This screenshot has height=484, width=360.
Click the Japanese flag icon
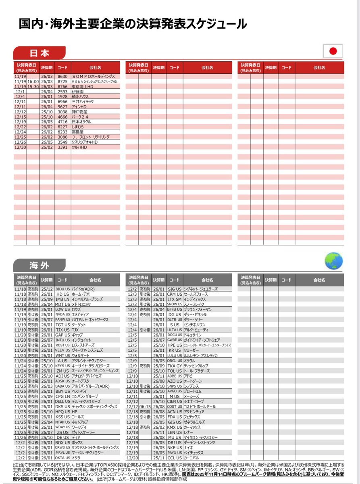[x=333, y=51]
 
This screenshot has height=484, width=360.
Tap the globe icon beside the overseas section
[x=333, y=261]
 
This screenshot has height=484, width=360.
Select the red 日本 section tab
[x=39, y=53]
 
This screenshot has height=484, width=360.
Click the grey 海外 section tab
[x=39, y=265]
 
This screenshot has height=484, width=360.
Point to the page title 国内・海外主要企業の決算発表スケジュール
[x=133, y=24]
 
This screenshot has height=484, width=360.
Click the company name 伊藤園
[x=78, y=92]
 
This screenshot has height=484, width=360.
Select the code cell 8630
[x=62, y=76]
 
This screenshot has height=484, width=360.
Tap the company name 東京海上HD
[x=83, y=86]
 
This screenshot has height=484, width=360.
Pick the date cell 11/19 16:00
[x=27, y=81]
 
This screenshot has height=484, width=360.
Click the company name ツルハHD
[x=79, y=147]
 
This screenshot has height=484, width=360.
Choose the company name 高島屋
[x=78, y=132]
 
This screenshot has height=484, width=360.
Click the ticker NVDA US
[x=62, y=314]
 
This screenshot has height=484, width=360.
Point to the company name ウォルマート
[x=82, y=355]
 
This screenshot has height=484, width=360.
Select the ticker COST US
[x=175, y=407]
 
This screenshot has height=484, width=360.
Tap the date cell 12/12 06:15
[x=139, y=407]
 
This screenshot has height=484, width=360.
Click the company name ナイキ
[x=189, y=447]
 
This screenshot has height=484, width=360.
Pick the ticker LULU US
[x=175, y=355]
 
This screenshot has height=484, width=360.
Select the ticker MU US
[x=175, y=437]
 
